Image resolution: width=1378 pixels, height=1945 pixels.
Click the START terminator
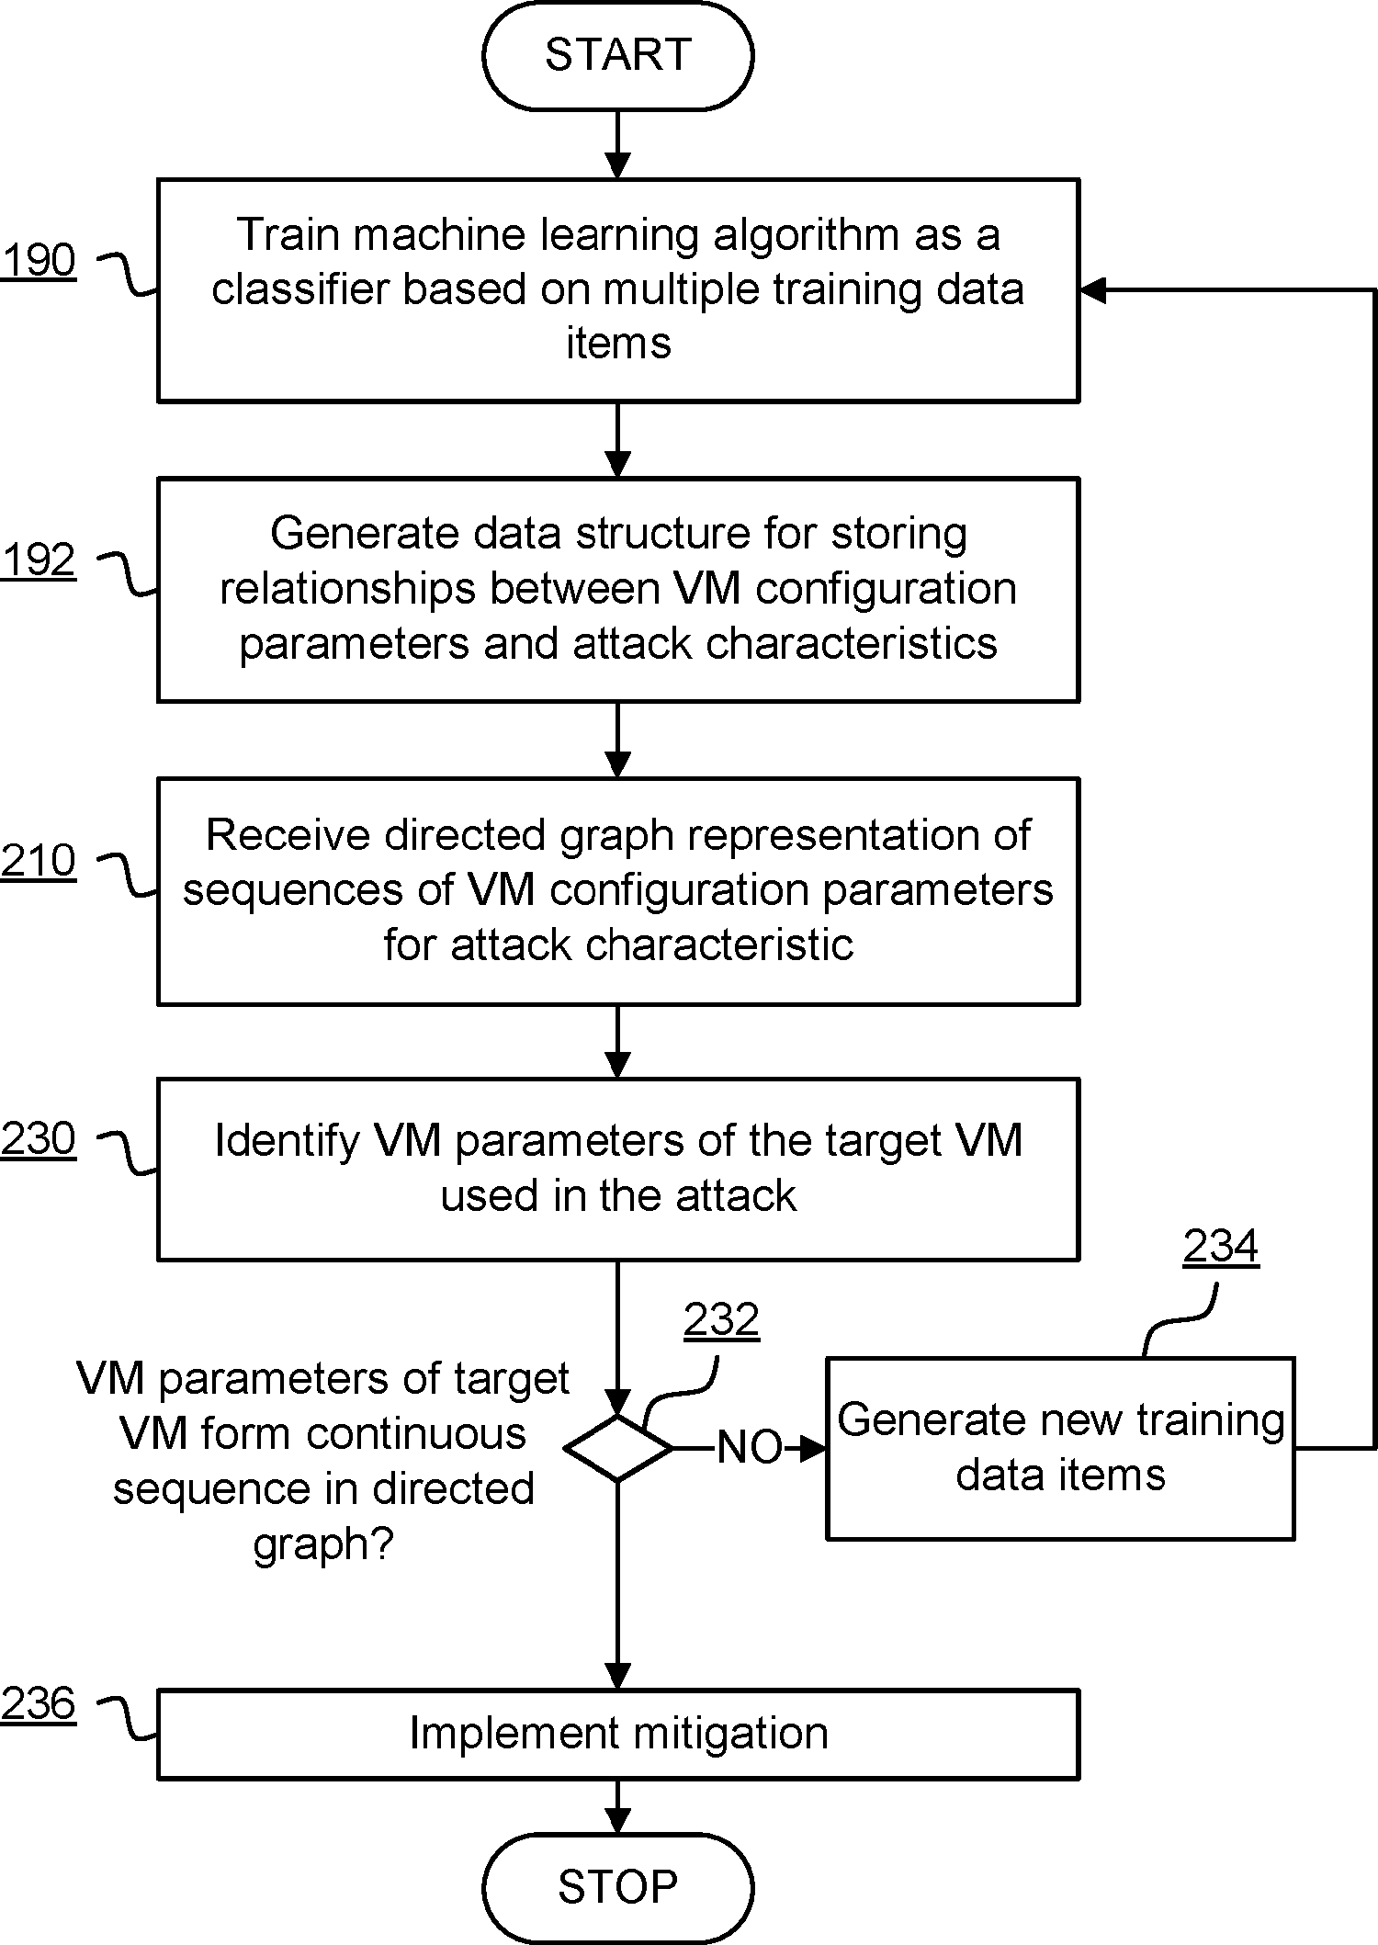coord(617,55)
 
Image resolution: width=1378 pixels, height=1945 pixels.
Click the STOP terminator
coord(617,1887)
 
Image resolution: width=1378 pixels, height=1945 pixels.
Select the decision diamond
coord(618,1448)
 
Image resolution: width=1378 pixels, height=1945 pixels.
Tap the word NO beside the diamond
coord(750,1448)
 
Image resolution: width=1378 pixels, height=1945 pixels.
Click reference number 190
coord(39,260)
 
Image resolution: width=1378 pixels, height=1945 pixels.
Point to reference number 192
coord(39,560)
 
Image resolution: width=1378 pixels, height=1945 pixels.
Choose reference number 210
coord(39,861)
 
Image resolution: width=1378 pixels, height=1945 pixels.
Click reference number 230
coord(39,1138)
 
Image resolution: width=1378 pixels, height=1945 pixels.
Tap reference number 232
coord(721,1319)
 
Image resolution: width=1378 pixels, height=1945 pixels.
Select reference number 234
coord(1220,1247)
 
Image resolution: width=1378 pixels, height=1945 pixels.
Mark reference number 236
coord(39,1703)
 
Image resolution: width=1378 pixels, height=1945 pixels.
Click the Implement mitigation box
coord(617,1734)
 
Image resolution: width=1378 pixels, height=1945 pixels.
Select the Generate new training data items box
coord(1060,1447)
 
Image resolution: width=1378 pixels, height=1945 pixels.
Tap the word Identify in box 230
coord(287,1141)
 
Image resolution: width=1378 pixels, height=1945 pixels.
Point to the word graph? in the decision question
coord(322,1544)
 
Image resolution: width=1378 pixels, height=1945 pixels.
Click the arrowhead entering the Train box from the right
coord(1091,290)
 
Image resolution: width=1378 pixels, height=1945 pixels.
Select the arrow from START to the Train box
coord(617,145)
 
